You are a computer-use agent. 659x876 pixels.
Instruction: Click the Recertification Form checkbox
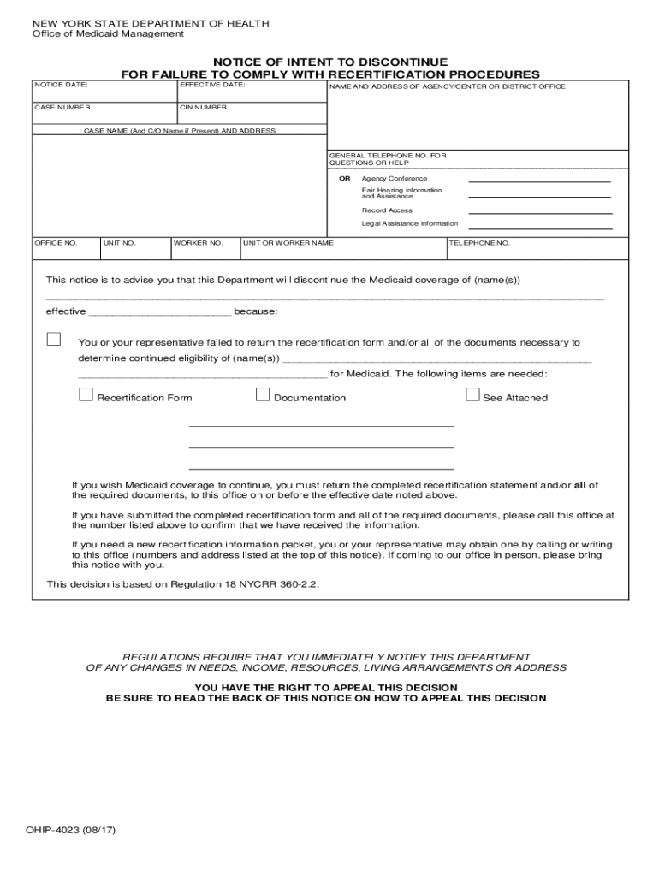coord(86,394)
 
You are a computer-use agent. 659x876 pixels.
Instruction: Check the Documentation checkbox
coord(263,394)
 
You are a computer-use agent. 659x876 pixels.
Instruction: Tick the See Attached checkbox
coord(472,394)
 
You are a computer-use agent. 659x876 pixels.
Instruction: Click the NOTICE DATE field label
coord(62,86)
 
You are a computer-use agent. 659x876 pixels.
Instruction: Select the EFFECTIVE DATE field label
coord(213,86)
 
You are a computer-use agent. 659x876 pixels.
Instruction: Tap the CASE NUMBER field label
coord(62,108)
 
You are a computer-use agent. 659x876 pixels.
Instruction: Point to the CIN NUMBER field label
coord(204,108)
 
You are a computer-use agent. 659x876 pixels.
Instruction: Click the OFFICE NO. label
coord(56,243)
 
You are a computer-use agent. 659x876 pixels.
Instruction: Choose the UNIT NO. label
coord(120,243)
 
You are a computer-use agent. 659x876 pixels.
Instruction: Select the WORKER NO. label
coord(199,243)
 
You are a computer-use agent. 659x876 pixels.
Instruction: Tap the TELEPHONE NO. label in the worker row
coord(480,243)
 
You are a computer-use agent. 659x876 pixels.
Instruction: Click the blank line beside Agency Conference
coord(540,181)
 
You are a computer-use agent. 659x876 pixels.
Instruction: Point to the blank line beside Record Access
coord(540,213)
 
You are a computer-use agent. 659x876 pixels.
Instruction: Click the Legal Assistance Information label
coord(409,223)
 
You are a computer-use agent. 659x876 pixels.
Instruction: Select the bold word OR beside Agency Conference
coord(345,179)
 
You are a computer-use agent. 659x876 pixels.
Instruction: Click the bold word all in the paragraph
coord(580,485)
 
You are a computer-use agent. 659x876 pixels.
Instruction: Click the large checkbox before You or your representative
coord(54,339)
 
